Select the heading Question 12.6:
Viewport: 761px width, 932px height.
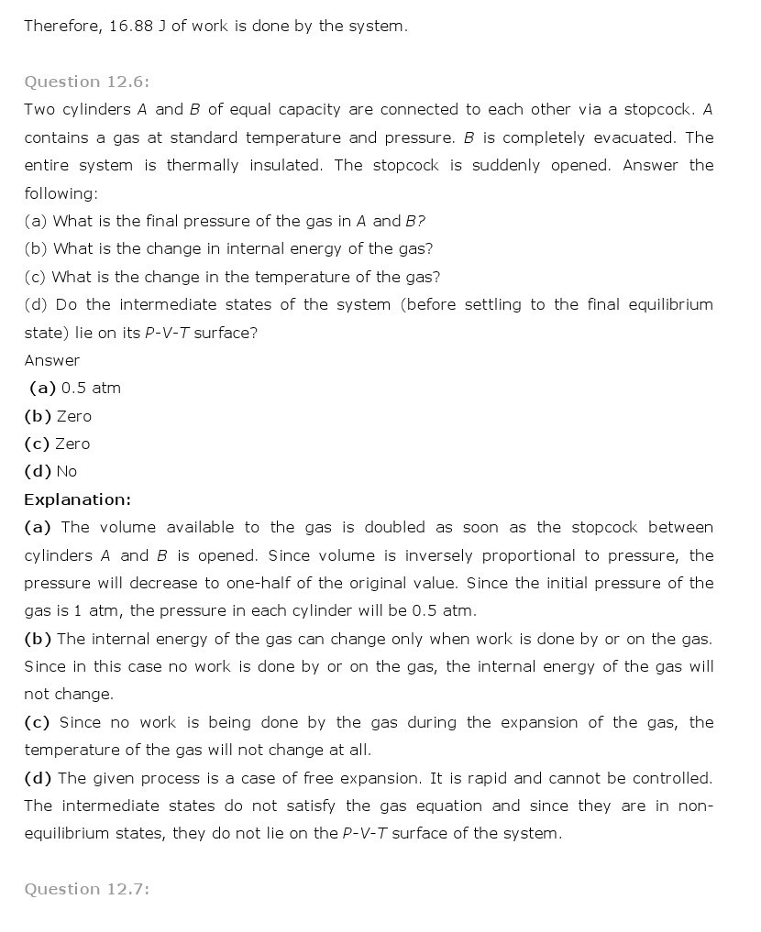tap(86, 82)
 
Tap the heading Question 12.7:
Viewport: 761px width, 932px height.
tap(86, 889)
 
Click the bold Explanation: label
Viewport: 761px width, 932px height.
tap(77, 499)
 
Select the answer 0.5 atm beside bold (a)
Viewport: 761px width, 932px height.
tap(91, 388)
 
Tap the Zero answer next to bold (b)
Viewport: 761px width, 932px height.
tap(74, 416)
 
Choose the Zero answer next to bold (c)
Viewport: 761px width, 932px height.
tap(72, 444)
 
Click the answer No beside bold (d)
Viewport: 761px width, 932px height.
tap(67, 471)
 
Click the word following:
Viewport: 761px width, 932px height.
tap(61, 193)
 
